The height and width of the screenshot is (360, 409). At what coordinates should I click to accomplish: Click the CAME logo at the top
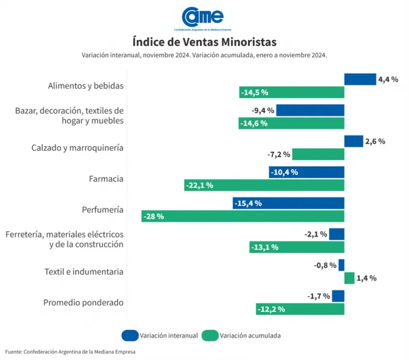coord(204,18)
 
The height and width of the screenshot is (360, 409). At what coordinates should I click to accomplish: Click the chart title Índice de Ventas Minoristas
coord(204,41)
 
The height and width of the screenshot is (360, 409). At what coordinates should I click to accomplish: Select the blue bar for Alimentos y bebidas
coord(360,79)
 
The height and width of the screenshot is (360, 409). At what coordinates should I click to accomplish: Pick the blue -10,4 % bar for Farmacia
coord(306,172)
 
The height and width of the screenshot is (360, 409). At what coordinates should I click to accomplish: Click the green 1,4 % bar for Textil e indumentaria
coord(349,278)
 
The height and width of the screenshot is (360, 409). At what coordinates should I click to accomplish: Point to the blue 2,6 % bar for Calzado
coord(354,141)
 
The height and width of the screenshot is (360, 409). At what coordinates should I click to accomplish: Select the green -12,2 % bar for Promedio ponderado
coord(300,309)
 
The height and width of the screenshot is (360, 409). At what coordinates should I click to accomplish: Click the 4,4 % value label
coord(388,79)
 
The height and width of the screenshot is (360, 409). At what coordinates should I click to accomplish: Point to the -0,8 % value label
coord(325,265)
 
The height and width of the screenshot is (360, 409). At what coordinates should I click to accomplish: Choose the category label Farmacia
coord(106,179)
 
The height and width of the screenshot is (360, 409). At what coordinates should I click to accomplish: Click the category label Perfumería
coord(103,210)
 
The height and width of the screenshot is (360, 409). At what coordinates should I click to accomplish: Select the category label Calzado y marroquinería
coord(77,148)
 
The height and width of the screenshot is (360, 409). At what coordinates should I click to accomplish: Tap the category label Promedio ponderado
coord(83,303)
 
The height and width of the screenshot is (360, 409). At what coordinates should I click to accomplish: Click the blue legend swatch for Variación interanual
coord(130,335)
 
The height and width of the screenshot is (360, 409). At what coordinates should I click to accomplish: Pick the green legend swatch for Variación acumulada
coord(210,335)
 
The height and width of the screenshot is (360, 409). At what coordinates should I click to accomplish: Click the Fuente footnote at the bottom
coord(70,352)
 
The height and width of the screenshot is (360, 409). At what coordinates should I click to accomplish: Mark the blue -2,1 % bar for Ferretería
coord(337,234)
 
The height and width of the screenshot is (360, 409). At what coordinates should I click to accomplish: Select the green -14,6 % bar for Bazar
coord(291,123)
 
